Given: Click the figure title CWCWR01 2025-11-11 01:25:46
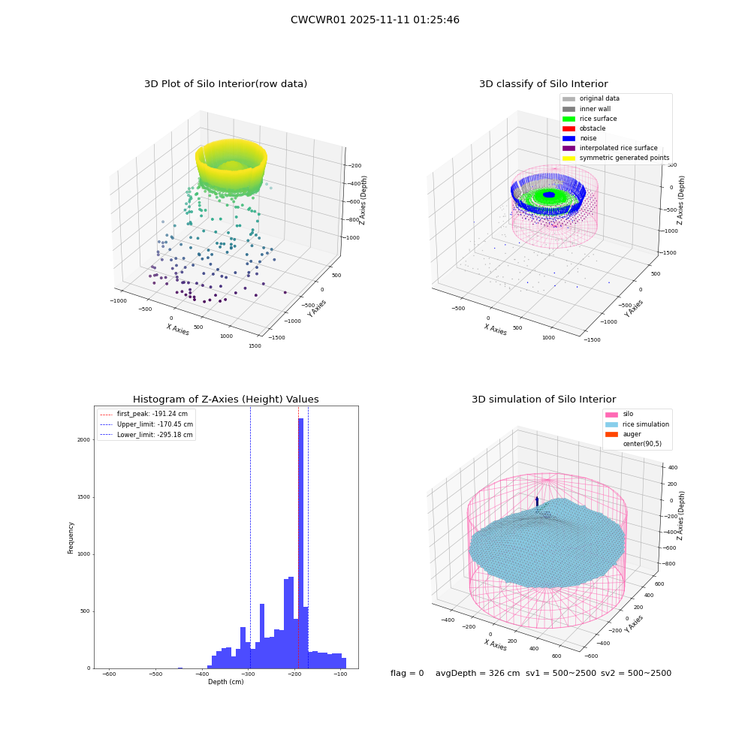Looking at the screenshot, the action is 375,20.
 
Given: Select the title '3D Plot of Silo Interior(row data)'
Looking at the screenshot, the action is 225,84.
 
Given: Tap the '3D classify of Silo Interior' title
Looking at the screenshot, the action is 544,84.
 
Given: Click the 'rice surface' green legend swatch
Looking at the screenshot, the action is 569,119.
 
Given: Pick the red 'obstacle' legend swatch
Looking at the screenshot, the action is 569,128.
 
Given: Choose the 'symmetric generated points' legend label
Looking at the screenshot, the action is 625,158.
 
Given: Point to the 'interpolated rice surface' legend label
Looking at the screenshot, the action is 618,148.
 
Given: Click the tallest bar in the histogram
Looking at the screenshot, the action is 301,543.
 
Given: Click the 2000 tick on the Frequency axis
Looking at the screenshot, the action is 83,439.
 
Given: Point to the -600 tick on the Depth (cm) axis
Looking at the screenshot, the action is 109,674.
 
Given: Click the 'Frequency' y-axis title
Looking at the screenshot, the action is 71,538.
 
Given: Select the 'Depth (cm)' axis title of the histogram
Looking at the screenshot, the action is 225,682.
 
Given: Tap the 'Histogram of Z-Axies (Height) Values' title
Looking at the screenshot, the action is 225,399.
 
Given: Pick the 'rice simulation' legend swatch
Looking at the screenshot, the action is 611,424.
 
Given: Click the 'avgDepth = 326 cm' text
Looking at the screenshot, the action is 478,673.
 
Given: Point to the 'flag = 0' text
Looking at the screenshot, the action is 407,673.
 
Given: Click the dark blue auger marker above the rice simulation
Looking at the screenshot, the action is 537,502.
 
